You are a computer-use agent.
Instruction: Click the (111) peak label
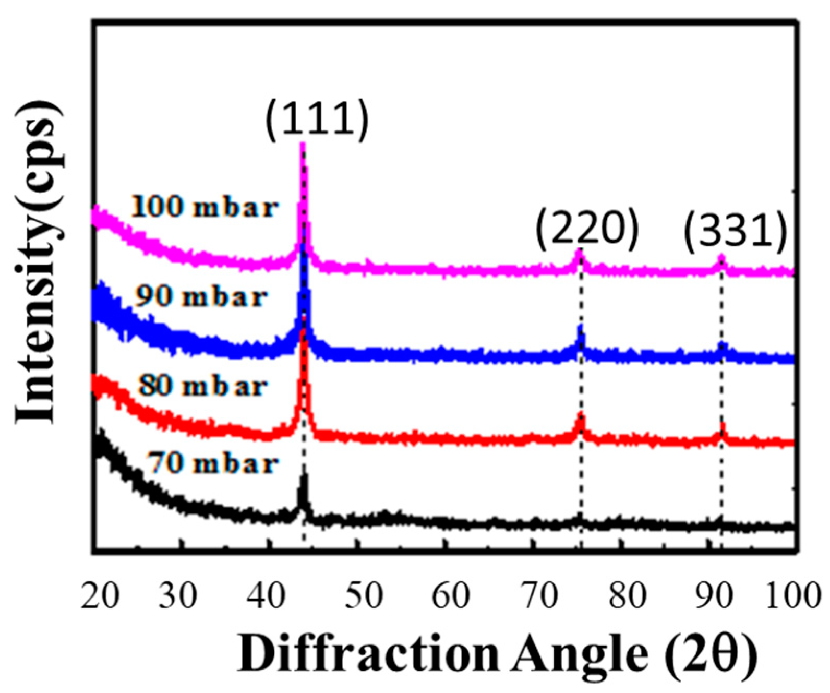pyautogui.click(x=317, y=120)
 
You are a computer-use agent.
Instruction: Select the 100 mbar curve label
pyautogui.click(x=204, y=207)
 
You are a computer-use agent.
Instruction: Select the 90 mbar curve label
pyautogui.click(x=201, y=297)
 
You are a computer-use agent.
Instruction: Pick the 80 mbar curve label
pyautogui.click(x=203, y=387)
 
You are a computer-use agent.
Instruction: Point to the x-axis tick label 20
pyautogui.click(x=100, y=595)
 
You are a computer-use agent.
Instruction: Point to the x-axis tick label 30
pyautogui.click(x=178, y=595)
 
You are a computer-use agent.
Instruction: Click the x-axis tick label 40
pyautogui.click(x=266, y=595)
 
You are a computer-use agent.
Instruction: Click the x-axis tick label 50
pyautogui.click(x=364, y=595)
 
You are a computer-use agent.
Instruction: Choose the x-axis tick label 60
pyautogui.click(x=451, y=595)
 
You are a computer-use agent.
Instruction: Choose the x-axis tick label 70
pyautogui.click(x=540, y=595)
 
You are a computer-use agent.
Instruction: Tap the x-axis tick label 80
pyautogui.click(x=628, y=595)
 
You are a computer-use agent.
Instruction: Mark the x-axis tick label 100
pyautogui.click(x=793, y=595)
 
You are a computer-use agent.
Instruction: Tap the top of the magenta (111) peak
pyautogui.click(x=302, y=145)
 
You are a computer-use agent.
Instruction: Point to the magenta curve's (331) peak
pyautogui.click(x=721, y=257)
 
